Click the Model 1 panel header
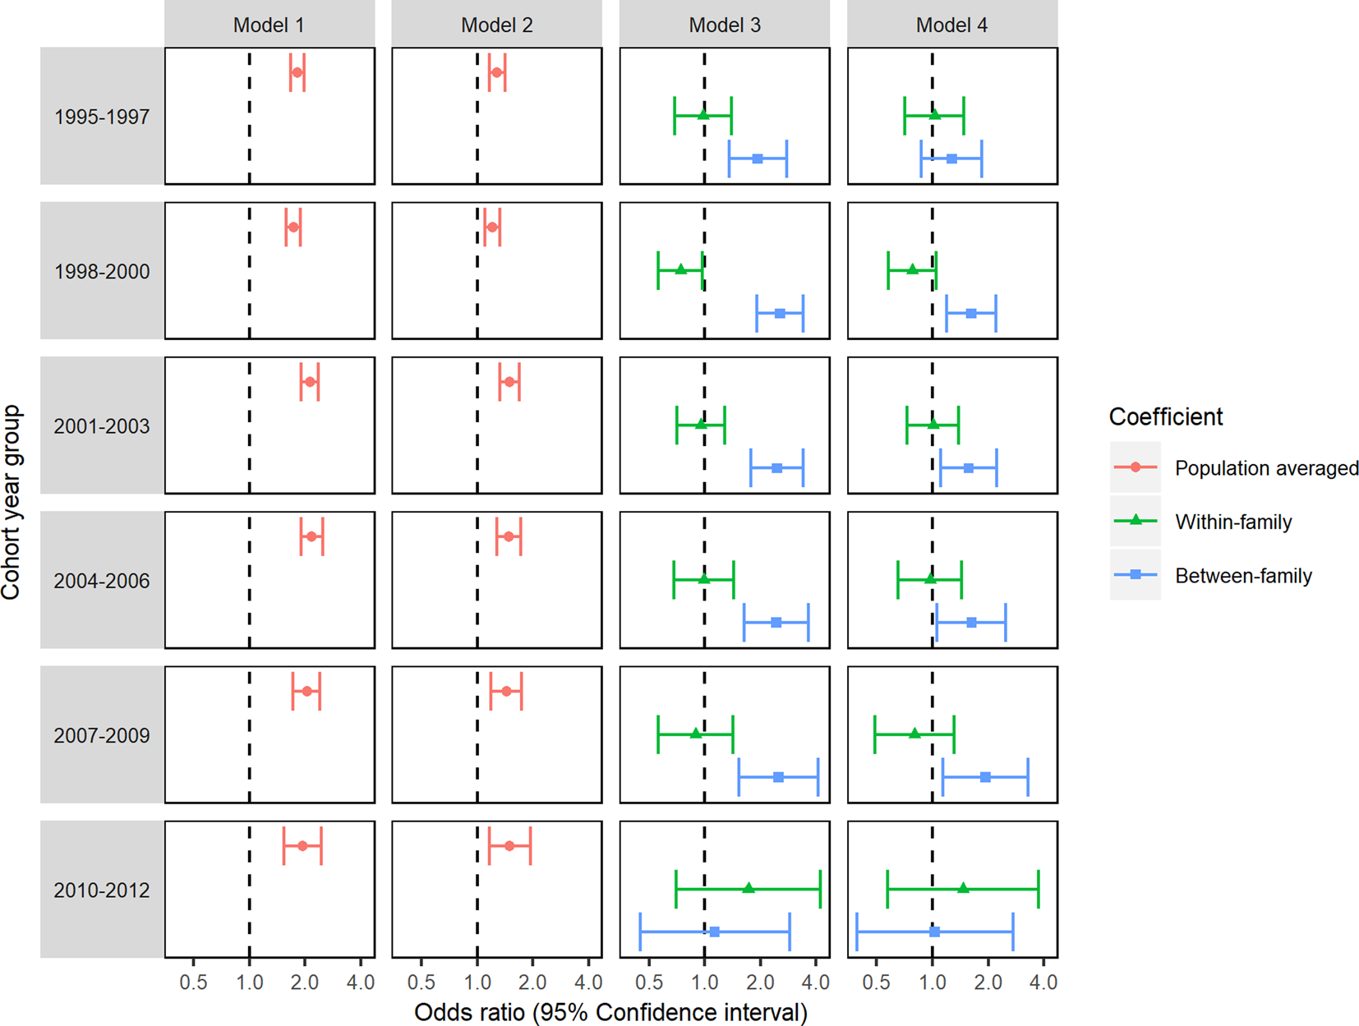tap(269, 25)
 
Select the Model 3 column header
tap(725, 25)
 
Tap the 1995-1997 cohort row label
tap(102, 117)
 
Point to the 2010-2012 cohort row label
tap(102, 890)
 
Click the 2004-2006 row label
tap(102, 581)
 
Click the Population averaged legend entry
tap(1266, 468)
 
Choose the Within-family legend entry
tap(1233, 522)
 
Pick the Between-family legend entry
tap(1243, 576)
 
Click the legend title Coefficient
tap(1166, 417)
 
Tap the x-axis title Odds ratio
tap(610, 1012)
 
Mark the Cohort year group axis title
tap(12, 503)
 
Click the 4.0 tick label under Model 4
tap(1043, 982)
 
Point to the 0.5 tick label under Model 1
tap(193, 982)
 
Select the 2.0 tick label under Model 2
tap(532, 982)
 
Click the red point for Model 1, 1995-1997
tap(297, 72)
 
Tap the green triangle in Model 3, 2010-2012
tap(749, 888)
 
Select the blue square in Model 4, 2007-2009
tap(985, 777)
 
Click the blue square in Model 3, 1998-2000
tap(780, 314)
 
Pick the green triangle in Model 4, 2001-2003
tap(933, 424)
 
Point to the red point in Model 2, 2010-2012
tap(509, 846)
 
